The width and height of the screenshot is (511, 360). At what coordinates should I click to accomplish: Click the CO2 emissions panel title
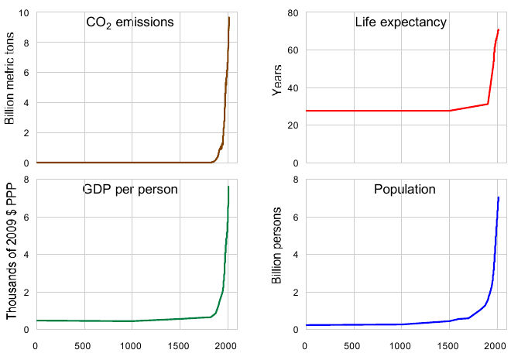click(129, 22)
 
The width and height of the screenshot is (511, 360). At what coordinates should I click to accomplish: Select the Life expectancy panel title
click(400, 22)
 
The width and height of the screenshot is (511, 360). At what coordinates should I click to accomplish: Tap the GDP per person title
click(130, 189)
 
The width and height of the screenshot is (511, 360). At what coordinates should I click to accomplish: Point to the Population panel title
click(404, 189)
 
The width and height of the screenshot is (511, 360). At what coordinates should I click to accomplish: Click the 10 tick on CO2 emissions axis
click(23, 13)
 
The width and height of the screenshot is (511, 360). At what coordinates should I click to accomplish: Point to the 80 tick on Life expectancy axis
click(293, 13)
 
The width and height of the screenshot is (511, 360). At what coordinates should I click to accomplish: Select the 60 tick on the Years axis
click(293, 50)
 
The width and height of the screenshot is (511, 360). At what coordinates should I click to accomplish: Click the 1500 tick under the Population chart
click(449, 345)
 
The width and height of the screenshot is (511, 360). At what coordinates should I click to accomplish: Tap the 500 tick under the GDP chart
click(83, 345)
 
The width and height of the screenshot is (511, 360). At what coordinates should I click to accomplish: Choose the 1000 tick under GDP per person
click(131, 345)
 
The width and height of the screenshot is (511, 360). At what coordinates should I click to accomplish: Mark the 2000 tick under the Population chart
click(496, 345)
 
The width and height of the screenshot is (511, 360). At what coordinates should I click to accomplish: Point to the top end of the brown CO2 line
click(229, 18)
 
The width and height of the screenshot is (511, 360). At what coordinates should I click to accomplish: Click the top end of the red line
click(499, 30)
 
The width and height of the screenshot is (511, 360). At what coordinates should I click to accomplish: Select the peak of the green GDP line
click(228, 187)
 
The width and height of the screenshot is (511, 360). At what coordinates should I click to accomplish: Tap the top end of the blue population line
click(499, 197)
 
